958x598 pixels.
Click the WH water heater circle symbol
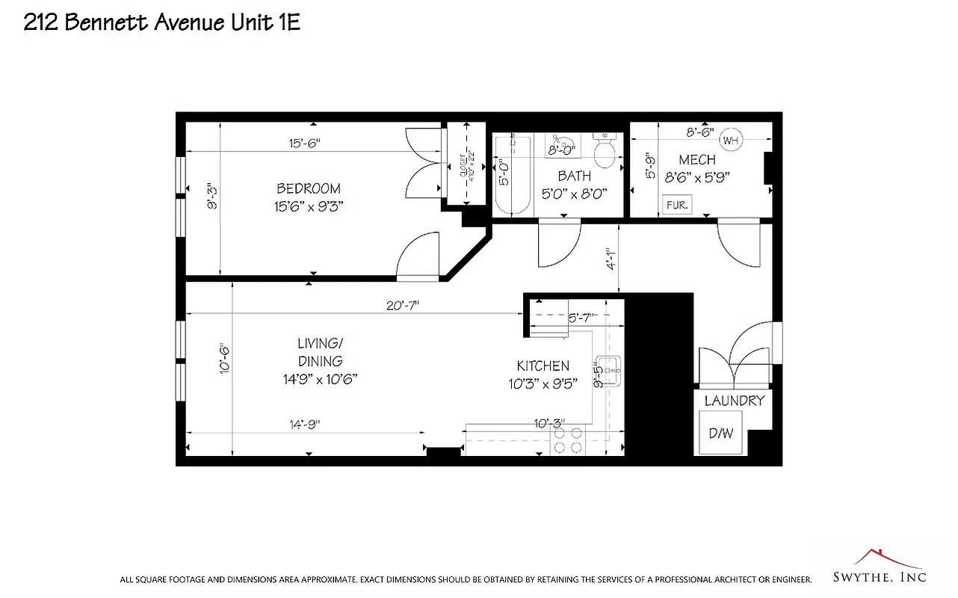point(730,140)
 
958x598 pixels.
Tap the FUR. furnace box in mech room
point(678,204)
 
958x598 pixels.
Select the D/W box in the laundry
point(720,433)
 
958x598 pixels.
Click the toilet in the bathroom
point(604,152)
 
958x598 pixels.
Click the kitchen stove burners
point(567,440)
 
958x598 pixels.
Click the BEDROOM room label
point(309,189)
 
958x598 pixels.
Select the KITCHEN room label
point(543,366)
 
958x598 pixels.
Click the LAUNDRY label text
point(735,401)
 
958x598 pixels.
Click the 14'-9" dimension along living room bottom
point(305,424)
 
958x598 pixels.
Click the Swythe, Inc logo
point(880,568)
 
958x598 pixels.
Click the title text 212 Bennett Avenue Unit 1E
point(162,22)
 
